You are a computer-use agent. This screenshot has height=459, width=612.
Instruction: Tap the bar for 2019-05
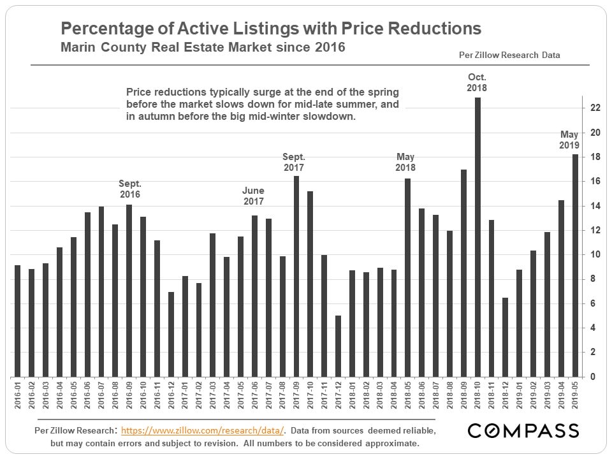click(575, 265)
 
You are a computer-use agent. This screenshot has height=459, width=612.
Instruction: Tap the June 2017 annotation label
click(253, 196)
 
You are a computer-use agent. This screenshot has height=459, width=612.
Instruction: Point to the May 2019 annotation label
click(569, 140)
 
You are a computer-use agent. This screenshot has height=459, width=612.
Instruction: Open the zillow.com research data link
click(202, 431)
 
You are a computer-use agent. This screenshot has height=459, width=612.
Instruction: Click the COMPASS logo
click(523, 431)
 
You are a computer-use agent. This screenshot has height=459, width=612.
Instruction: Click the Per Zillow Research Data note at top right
click(509, 55)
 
